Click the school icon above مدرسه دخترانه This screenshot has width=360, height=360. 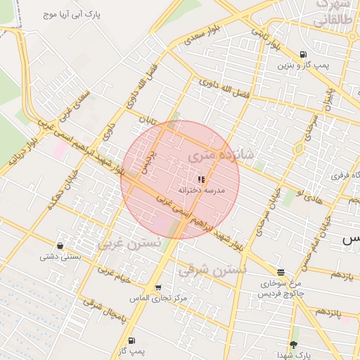(201, 179)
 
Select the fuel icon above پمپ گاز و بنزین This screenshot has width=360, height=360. (303, 54)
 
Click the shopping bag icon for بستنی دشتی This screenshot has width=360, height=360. (60, 246)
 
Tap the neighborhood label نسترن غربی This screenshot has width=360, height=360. (129, 244)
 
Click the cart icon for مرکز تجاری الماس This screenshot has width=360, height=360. (157, 288)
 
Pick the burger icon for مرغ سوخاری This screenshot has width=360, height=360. (281, 272)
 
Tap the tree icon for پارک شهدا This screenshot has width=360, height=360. (293, 345)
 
